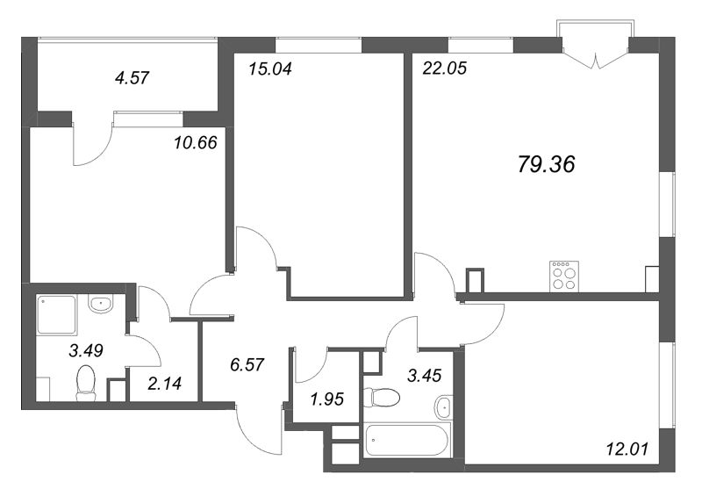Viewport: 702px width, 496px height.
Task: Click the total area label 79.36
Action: pyautogui.click(x=545, y=164)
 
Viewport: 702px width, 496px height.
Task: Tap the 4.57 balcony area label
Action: pyautogui.click(x=133, y=77)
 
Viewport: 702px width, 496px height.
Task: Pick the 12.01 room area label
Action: pyautogui.click(x=625, y=450)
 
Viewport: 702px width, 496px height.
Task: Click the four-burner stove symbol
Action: pyautogui.click(x=563, y=277)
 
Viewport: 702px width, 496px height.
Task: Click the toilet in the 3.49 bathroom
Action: pyautogui.click(x=86, y=384)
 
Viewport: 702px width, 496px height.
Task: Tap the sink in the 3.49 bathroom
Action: pyautogui.click(x=101, y=304)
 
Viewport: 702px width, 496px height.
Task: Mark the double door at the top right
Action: pyautogui.click(x=596, y=54)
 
